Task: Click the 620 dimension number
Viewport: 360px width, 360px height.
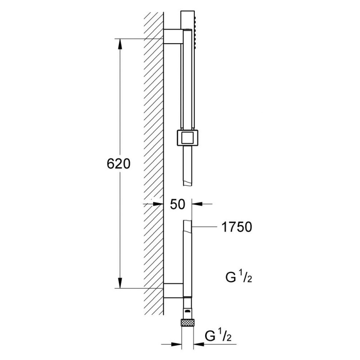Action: tap(118, 164)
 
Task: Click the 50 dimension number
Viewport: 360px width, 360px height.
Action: tap(177, 204)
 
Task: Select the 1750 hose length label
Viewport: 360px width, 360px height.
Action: tap(237, 227)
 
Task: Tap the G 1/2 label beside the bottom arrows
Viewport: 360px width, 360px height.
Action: tap(218, 336)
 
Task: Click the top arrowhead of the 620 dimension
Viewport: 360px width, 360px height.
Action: tap(120, 44)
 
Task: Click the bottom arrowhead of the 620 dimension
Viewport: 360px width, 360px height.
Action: tap(120, 283)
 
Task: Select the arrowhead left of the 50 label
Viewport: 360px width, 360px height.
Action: tap(158, 204)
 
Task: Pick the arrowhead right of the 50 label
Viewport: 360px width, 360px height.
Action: tap(197, 204)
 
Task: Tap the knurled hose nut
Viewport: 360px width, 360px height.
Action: tap(188, 322)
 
